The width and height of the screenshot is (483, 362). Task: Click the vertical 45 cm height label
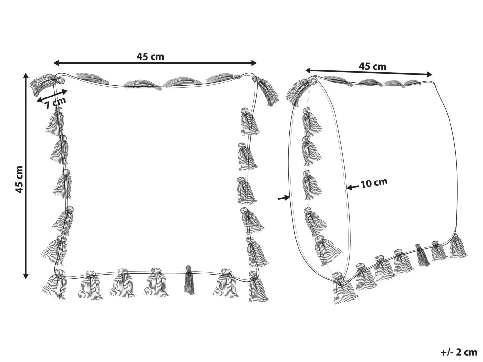(x=19, y=180)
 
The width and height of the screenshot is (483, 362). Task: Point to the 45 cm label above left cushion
(x=150, y=57)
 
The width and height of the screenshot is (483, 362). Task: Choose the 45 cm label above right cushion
(x=373, y=66)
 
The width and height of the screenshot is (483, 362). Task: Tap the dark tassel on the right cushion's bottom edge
(x=422, y=255)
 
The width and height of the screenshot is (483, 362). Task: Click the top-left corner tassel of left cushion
(x=46, y=84)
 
